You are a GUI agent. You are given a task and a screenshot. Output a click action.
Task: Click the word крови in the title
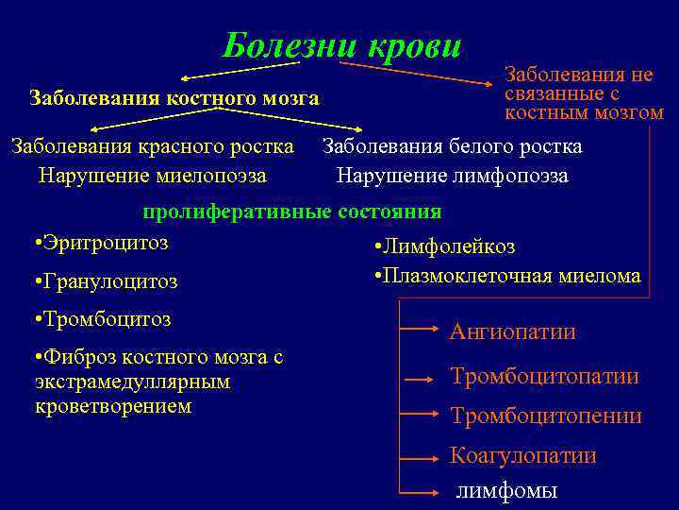pyautogui.click(x=412, y=45)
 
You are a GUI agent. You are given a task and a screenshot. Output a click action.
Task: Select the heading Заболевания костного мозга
pyautogui.click(x=174, y=97)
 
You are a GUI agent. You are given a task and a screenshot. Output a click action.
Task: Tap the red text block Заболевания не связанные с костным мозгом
pyautogui.click(x=584, y=93)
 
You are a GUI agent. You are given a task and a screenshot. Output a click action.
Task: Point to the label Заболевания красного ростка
pyautogui.click(x=152, y=146)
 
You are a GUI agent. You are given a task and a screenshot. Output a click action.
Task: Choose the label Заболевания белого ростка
pyautogui.click(x=453, y=146)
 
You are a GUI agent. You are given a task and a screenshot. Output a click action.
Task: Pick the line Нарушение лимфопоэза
pyautogui.click(x=453, y=176)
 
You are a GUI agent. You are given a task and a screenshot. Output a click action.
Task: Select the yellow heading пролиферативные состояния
pyautogui.click(x=291, y=212)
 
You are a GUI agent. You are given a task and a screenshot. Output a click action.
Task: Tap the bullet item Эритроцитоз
pyautogui.click(x=101, y=243)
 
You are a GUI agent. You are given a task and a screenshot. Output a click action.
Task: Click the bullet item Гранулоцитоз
pyautogui.click(x=105, y=281)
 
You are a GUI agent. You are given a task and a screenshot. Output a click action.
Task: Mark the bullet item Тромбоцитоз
pyautogui.click(x=102, y=319)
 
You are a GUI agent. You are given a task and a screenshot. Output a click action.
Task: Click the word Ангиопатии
pyautogui.click(x=513, y=331)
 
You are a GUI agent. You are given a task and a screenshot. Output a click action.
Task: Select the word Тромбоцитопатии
pyautogui.click(x=544, y=377)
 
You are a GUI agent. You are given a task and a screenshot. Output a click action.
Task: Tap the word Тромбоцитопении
pyautogui.click(x=546, y=416)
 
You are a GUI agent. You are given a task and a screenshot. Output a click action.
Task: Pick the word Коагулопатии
pyautogui.click(x=523, y=455)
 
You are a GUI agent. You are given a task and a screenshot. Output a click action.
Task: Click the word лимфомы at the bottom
pyautogui.click(x=507, y=490)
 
